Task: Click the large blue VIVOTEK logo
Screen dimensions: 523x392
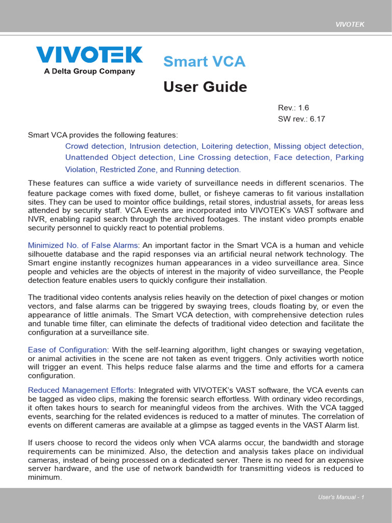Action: [x=89, y=55]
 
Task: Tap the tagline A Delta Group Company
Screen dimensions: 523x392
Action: [x=89, y=72]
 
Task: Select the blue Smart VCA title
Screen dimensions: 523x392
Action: [x=204, y=62]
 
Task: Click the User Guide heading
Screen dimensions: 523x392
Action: [x=205, y=87]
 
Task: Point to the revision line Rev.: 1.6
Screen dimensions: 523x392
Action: [x=293, y=108]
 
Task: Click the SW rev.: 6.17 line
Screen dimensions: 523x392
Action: [x=301, y=119]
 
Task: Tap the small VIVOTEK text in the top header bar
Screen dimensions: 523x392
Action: [x=350, y=25]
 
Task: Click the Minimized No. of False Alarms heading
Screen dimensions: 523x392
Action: [x=83, y=245]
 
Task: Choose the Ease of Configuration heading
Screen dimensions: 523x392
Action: [x=67, y=350]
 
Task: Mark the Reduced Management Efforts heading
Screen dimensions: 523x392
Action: [x=82, y=390]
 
